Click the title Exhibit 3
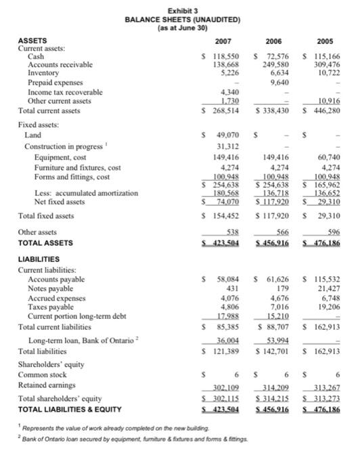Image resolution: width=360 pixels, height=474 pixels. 180,6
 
